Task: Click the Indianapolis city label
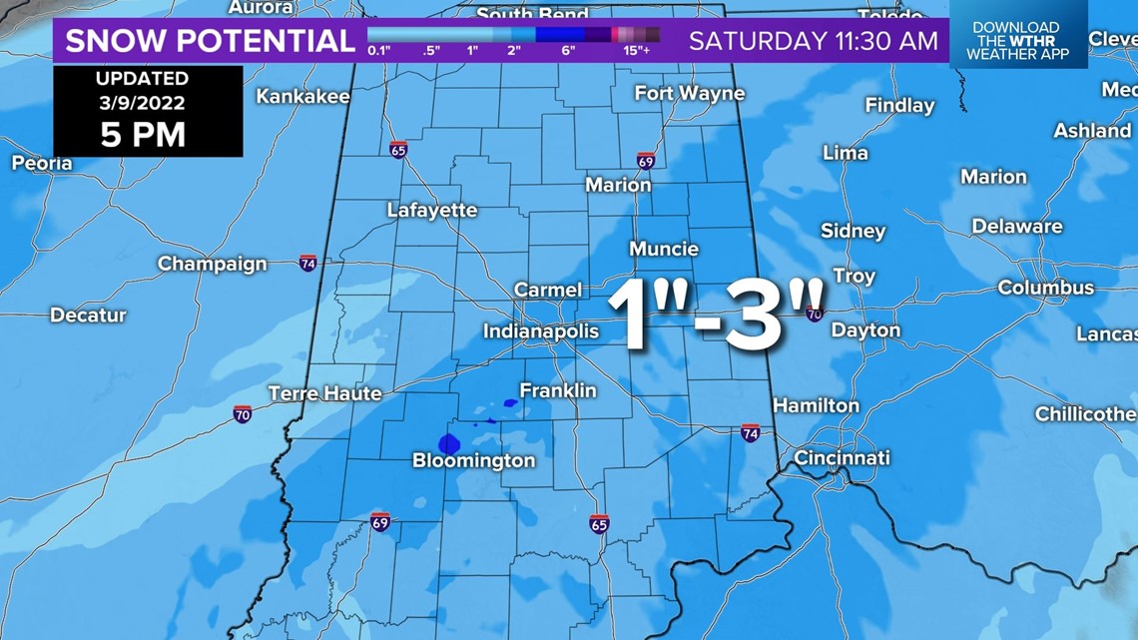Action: (541, 330)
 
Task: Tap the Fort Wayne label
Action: (690, 93)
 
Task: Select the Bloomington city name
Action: (474, 460)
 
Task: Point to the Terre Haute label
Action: (325, 393)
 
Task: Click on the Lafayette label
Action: (432, 210)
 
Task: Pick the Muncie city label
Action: (664, 249)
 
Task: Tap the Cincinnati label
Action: (842, 458)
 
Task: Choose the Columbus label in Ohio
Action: (1046, 288)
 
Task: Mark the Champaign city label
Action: (213, 264)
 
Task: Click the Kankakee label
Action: (303, 96)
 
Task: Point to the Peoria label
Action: (42, 163)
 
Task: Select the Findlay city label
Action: (899, 105)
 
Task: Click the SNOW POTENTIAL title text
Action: (211, 41)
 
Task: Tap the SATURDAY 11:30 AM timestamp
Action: (814, 41)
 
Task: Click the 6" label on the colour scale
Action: (568, 50)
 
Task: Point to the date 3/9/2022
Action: (143, 103)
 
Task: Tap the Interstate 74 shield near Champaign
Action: (308, 264)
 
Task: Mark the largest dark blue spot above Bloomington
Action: (448, 443)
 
